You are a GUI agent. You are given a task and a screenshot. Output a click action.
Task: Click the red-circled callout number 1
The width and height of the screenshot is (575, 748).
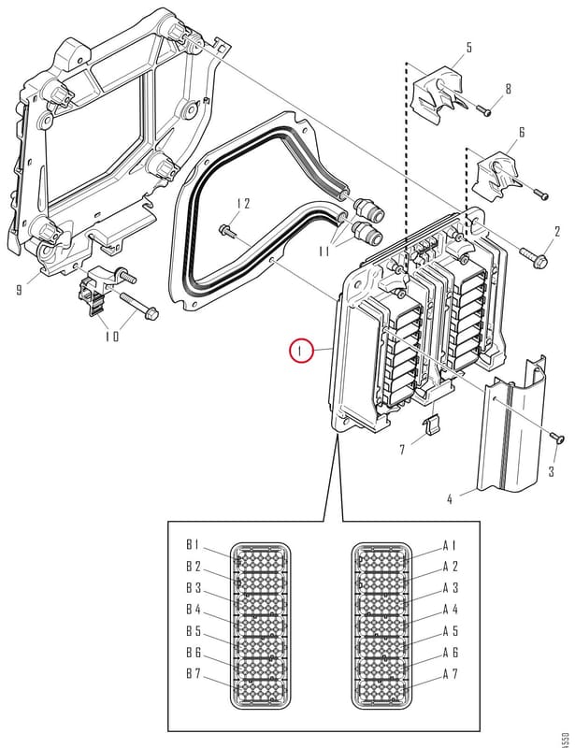point(300,352)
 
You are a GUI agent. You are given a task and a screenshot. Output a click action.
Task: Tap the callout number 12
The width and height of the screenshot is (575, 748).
point(243,204)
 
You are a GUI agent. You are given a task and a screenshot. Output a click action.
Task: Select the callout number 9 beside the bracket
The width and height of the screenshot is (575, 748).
point(19,290)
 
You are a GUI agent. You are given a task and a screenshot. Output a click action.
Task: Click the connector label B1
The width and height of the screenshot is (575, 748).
point(193,545)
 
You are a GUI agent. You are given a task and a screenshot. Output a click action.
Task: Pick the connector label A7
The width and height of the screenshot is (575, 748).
point(451,674)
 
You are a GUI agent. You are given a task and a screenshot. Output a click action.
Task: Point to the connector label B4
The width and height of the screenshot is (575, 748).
point(194,610)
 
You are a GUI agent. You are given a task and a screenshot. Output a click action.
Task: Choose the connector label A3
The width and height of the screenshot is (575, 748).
point(451,588)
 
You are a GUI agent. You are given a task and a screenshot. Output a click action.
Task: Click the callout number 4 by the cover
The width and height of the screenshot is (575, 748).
point(450,499)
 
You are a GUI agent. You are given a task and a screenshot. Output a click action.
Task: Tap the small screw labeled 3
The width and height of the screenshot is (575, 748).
point(557,437)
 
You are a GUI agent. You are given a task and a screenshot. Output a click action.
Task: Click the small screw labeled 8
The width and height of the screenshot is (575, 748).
point(483,109)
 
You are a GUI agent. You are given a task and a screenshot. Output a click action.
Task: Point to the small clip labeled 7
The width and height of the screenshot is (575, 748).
point(431,423)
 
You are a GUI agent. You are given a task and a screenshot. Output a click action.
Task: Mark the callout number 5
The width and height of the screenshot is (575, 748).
point(468,48)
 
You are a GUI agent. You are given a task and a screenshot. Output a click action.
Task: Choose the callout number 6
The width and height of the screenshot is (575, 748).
point(522,132)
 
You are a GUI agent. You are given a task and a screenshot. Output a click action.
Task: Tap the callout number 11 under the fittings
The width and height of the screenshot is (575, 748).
point(324,251)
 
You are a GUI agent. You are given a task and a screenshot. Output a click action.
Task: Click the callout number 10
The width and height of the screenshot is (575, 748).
point(112,337)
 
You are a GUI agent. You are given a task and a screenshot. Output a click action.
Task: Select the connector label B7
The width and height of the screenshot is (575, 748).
point(194,674)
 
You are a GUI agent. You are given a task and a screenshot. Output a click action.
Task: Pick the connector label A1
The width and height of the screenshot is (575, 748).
point(450,545)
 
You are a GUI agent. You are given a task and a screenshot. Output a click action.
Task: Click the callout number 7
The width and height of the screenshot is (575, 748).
point(402,450)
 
